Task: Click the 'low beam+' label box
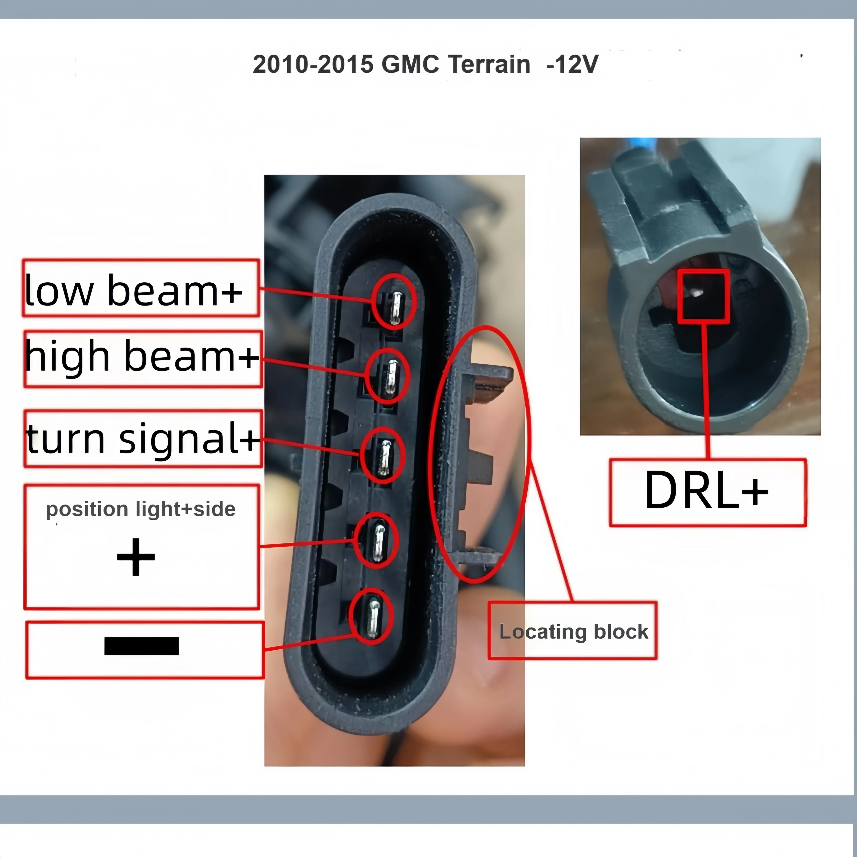141,288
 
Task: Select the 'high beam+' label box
143,358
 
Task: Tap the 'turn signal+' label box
143,438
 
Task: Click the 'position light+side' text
141,509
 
